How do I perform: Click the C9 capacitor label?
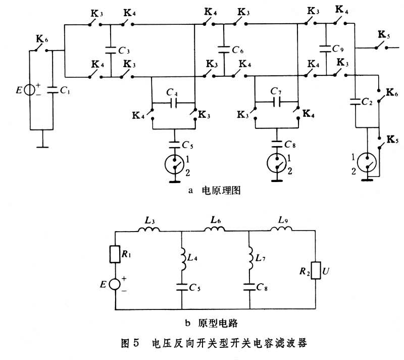point(338,50)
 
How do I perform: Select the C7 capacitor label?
point(276,93)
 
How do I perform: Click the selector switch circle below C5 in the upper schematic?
point(174,163)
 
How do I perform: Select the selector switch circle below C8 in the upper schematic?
point(276,163)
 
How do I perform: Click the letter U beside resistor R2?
point(327,272)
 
